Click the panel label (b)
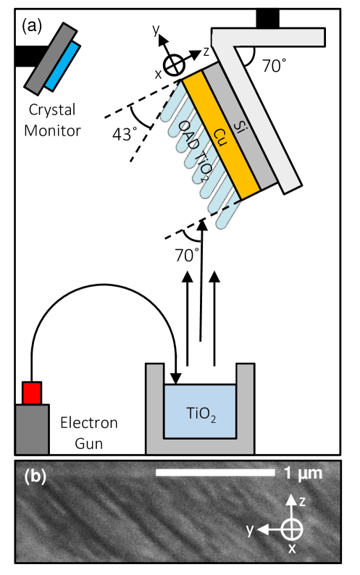(37, 477)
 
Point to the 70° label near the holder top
(274, 67)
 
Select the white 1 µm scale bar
(216, 474)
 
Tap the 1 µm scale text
(303, 474)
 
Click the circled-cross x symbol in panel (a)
(172, 64)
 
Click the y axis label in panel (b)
(251, 529)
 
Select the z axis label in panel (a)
(206, 51)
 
